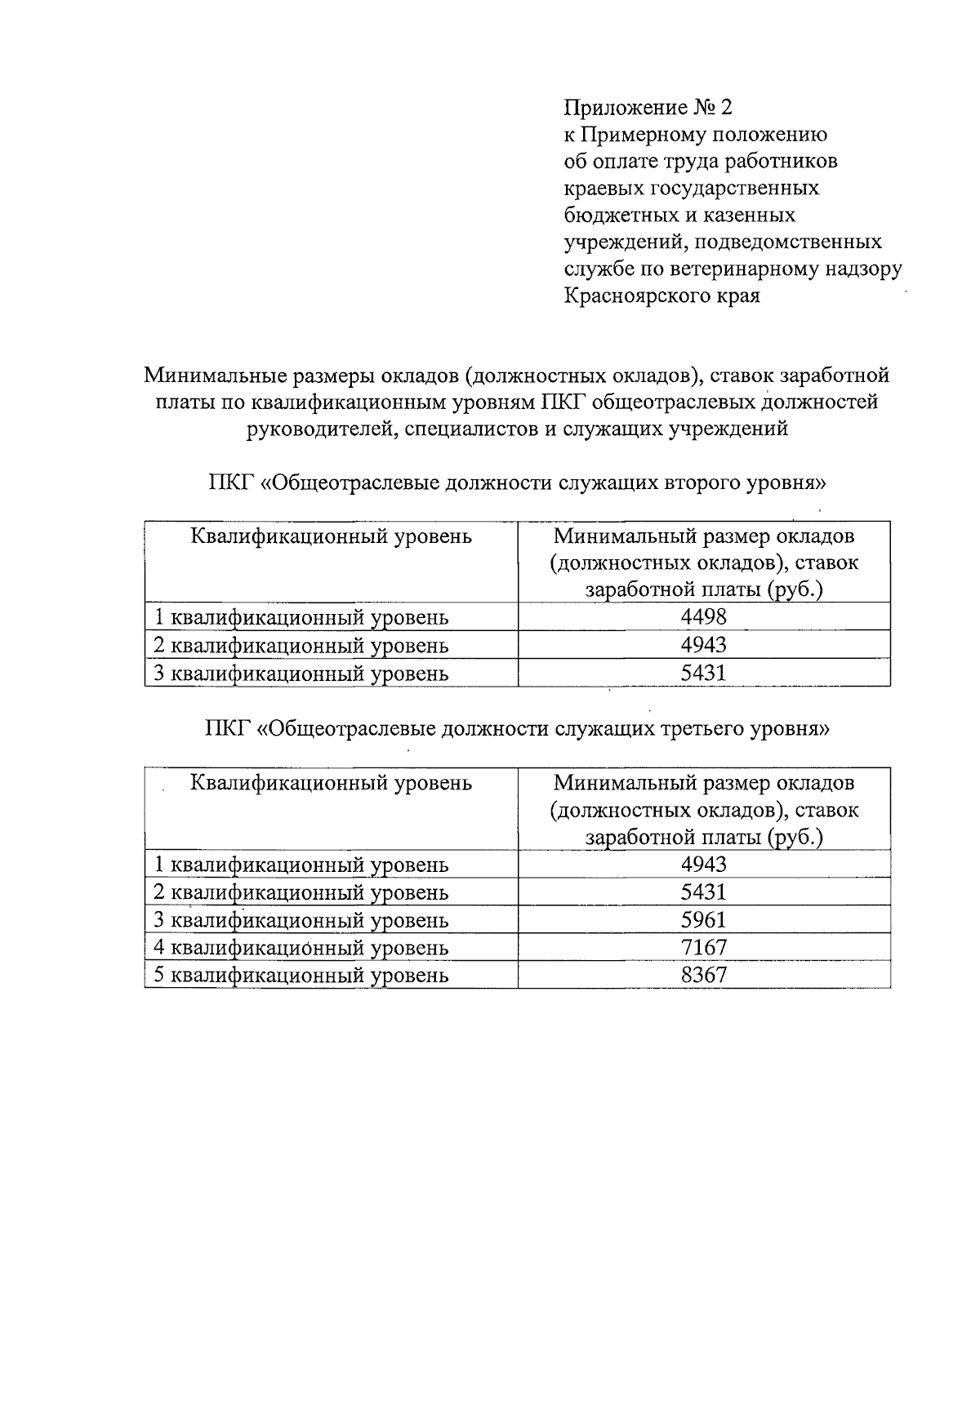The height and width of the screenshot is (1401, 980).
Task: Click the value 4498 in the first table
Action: pyautogui.click(x=703, y=617)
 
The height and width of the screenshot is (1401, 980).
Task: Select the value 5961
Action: pyautogui.click(x=703, y=920)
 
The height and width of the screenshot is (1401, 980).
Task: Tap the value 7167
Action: pyautogui.click(x=703, y=948)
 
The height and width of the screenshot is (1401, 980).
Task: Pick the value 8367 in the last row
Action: pyautogui.click(x=703, y=976)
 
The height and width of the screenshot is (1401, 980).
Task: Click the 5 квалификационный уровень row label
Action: pyautogui.click(x=301, y=976)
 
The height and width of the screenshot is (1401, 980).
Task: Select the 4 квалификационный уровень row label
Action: pyautogui.click(x=301, y=948)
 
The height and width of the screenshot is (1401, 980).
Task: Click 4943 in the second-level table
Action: pyautogui.click(x=703, y=645)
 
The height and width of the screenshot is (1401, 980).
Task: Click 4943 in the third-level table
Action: pyautogui.click(x=703, y=865)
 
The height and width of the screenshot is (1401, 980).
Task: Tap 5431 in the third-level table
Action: pyautogui.click(x=703, y=892)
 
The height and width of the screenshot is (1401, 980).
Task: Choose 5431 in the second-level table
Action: pyautogui.click(x=703, y=673)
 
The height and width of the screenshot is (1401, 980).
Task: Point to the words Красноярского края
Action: pyautogui.click(x=661, y=296)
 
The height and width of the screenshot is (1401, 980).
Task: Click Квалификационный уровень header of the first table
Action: pyautogui.click(x=331, y=536)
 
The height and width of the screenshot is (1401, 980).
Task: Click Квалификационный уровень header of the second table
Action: pyautogui.click(x=331, y=783)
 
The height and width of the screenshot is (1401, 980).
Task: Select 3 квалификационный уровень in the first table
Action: pyautogui.click(x=301, y=674)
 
